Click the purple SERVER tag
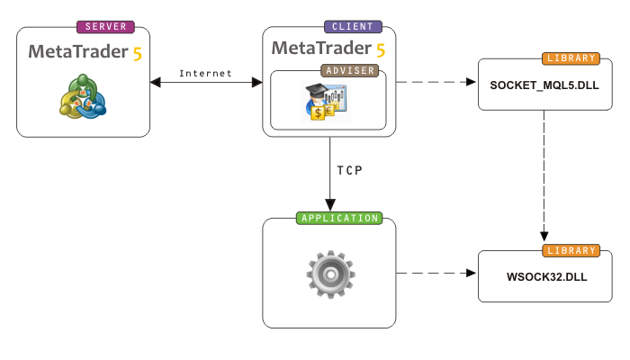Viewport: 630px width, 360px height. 104,27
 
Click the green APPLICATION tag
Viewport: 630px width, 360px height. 338,218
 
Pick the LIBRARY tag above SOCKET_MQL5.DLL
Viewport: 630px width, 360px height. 571,58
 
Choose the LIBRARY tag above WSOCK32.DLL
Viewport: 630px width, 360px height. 571,249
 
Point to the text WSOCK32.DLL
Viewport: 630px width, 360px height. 546,277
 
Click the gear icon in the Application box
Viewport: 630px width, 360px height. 328,274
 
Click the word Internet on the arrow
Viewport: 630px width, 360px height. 205,73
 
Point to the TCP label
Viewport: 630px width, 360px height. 351,170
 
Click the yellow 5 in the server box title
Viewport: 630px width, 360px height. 137,52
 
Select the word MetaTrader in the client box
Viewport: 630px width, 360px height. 321,47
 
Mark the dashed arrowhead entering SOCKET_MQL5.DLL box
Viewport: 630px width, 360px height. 471,82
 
